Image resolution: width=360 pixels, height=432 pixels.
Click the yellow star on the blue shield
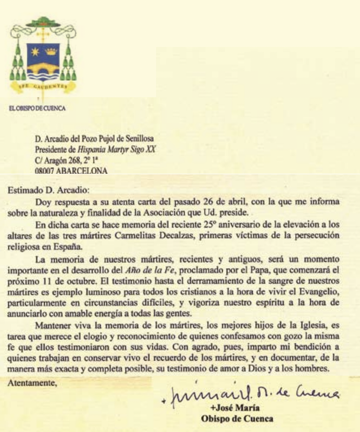click(x=35, y=51)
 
